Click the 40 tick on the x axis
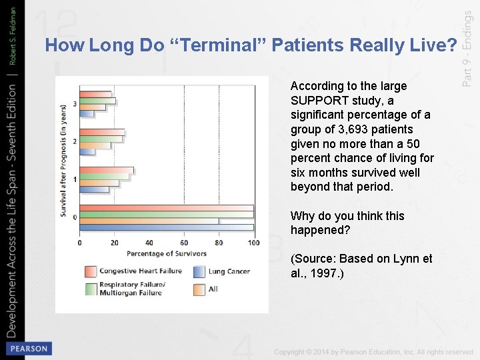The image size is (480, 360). [149, 243]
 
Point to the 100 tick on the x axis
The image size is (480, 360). [253, 243]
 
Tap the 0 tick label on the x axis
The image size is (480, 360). [80, 243]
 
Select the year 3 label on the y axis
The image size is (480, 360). [75, 104]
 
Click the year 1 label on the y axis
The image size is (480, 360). [75, 179]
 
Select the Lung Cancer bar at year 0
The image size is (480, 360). [166, 227]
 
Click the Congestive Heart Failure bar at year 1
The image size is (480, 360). [106, 170]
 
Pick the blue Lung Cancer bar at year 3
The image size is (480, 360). [87, 113]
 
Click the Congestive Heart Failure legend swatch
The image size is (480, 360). [91, 271]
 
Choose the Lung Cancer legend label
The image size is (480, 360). [229, 271]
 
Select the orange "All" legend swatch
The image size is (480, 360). [199, 289]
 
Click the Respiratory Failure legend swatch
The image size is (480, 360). [91, 289]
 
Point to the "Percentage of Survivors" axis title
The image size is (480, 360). [167, 253]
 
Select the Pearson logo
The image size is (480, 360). [28, 348]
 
